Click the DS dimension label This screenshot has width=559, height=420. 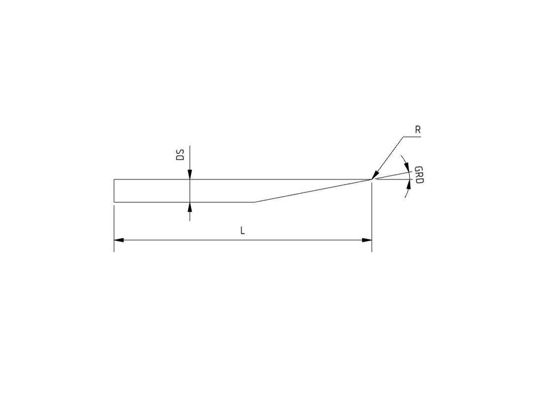pyautogui.click(x=181, y=155)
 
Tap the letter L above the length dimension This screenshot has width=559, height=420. pyautogui.click(x=243, y=230)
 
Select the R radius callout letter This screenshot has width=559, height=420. pyautogui.click(x=418, y=130)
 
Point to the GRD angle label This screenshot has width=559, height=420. pyautogui.click(x=419, y=175)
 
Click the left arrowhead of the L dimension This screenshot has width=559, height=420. pyautogui.click(x=119, y=240)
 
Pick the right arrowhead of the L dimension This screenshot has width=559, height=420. pyautogui.click(x=367, y=240)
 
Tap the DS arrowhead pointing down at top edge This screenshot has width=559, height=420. pyautogui.click(x=190, y=174)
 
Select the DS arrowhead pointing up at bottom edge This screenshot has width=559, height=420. pyautogui.click(x=190, y=207)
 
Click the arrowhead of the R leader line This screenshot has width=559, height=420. pyautogui.click(x=374, y=175)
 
